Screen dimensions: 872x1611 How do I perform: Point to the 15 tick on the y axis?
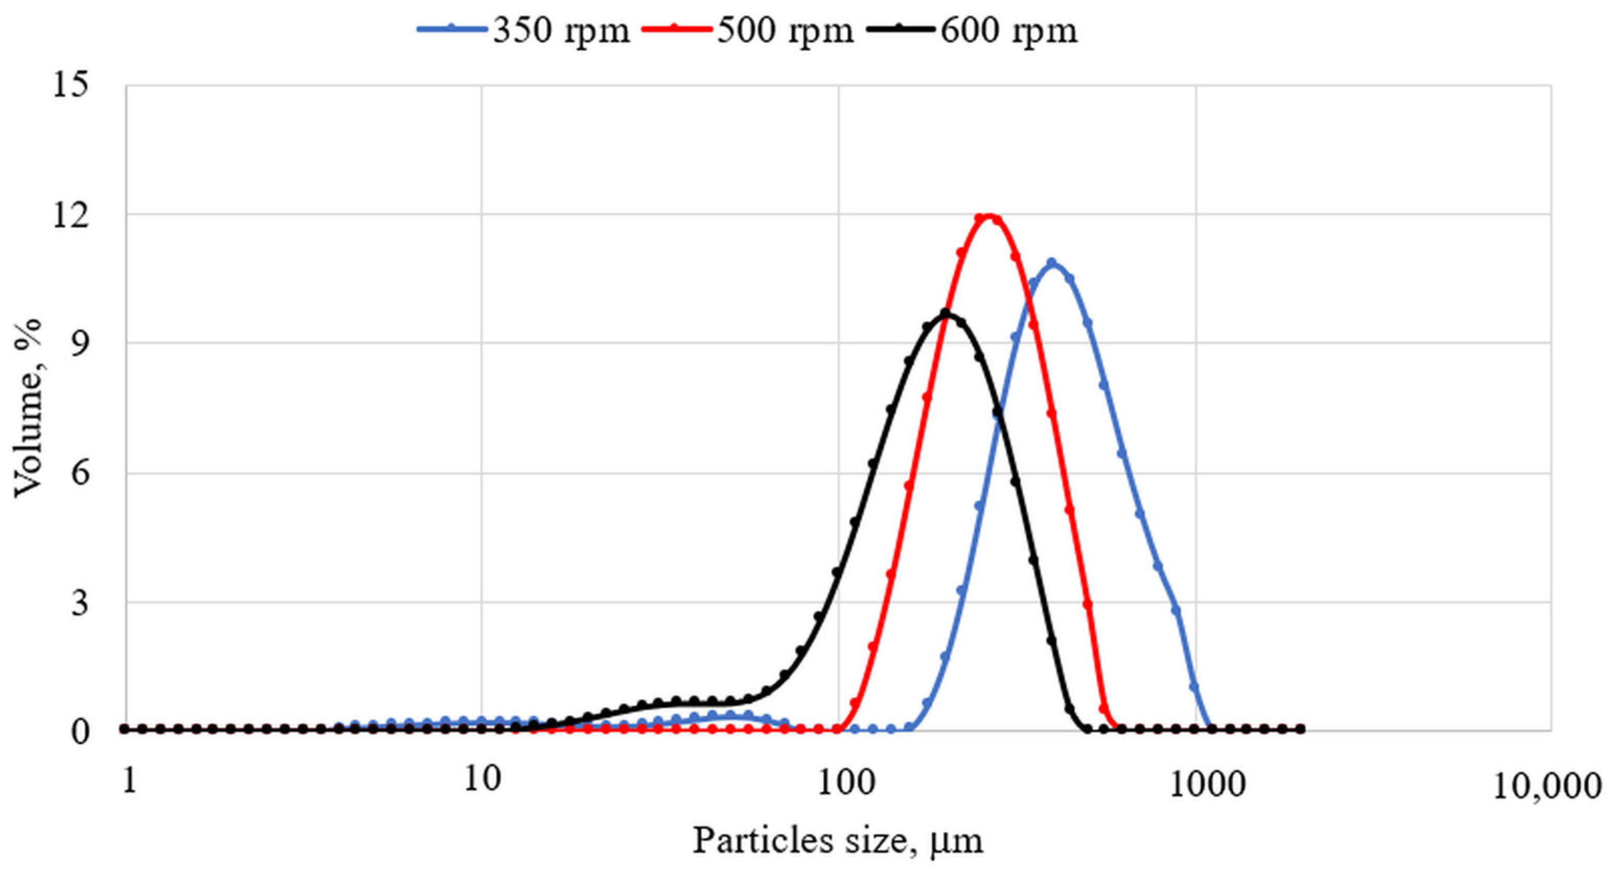click(70, 86)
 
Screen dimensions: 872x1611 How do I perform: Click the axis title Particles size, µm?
click(838, 841)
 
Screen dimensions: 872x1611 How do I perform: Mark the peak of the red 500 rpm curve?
click(989, 216)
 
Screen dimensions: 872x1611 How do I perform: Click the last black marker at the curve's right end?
click(1300, 729)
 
